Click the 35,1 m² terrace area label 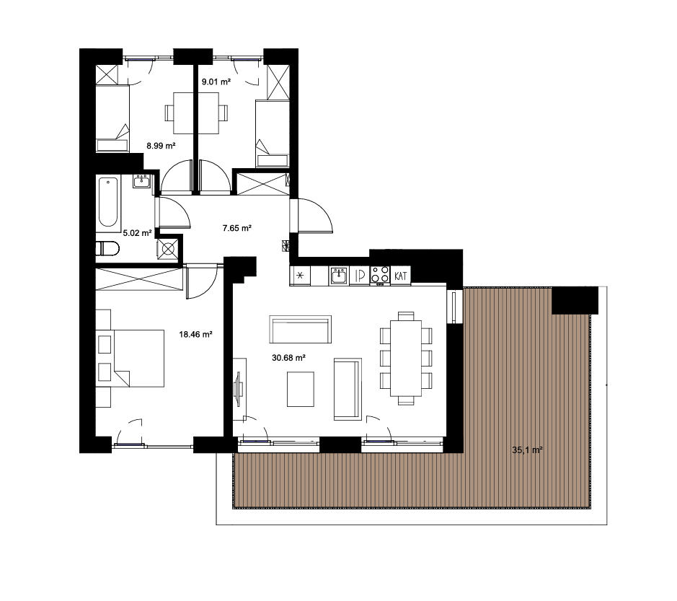527,449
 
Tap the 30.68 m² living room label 289,358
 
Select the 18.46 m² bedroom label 195,334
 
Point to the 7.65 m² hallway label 237,228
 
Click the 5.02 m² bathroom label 137,233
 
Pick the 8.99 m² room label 161,146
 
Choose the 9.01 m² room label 216,82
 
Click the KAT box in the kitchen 401,276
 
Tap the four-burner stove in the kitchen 381,275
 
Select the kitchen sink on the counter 339,275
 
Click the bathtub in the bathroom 107,202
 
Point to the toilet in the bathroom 107,248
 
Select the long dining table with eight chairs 406,358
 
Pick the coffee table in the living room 301,390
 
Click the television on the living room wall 238,389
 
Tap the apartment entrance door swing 315,216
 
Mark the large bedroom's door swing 202,281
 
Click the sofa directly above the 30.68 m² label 301,329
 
